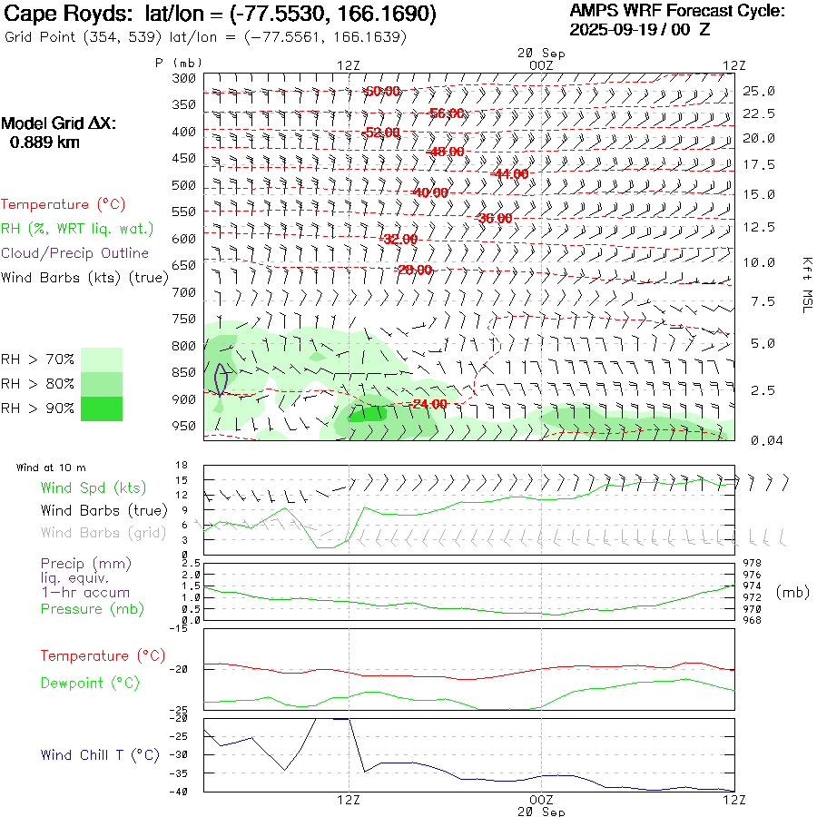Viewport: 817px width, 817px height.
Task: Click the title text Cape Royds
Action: (x=54, y=15)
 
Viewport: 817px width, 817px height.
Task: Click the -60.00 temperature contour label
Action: (x=381, y=92)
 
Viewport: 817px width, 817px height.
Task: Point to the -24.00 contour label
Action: (x=428, y=404)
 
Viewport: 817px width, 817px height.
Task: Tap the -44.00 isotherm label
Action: (x=509, y=173)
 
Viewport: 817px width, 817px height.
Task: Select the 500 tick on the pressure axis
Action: (x=184, y=186)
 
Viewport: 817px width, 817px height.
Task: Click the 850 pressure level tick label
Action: (x=184, y=372)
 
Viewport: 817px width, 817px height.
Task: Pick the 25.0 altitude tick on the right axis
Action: (x=759, y=92)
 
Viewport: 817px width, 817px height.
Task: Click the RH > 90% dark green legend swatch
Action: (x=102, y=408)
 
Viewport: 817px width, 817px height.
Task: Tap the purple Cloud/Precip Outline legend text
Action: (x=75, y=253)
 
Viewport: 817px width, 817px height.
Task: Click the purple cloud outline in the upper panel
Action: (x=221, y=379)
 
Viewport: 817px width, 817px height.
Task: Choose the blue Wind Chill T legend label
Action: (x=100, y=755)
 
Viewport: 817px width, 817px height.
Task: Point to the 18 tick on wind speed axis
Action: (x=181, y=465)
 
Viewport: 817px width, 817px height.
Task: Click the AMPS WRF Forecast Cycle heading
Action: (x=677, y=11)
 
